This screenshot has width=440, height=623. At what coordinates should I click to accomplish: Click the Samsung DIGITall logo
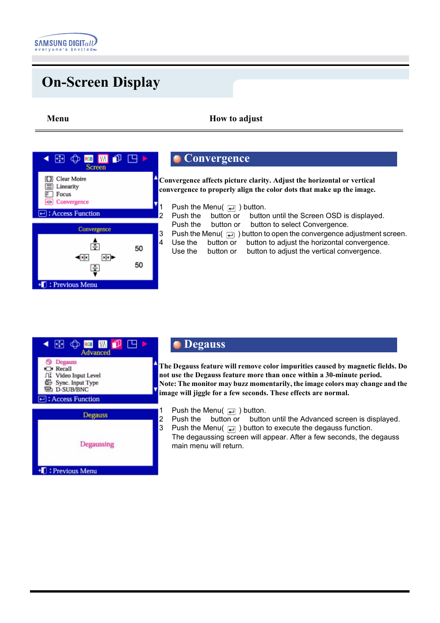pyautogui.click(x=65, y=42)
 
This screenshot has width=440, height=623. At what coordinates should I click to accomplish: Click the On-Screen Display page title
pyautogui.click(x=101, y=82)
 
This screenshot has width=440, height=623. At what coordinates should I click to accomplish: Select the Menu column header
pyautogui.click(x=58, y=119)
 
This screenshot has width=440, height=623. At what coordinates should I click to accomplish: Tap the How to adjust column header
pyautogui.click(x=236, y=119)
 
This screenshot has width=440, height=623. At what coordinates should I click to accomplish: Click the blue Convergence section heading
pyautogui.click(x=216, y=159)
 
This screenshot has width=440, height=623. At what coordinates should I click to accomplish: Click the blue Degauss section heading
pyautogui.click(x=204, y=344)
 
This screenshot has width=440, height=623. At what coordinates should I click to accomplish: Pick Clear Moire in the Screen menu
pyautogui.click(x=71, y=179)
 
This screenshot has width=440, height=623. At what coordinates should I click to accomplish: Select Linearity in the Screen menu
pyautogui.click(x=67, y=187)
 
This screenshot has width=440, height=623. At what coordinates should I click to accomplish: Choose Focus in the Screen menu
pyautogui.click(x=63, y=194)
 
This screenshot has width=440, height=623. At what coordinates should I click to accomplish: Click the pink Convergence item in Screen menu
pyautogui.click(x=72, y=202)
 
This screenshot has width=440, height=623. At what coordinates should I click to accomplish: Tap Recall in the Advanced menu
pyautogui.click(x=63, y=369)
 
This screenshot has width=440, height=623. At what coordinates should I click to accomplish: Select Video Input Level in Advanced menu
pyautogui.click(x=77, y=376)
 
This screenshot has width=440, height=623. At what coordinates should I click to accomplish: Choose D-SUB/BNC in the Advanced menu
pyautogui.click(x=71, y=390)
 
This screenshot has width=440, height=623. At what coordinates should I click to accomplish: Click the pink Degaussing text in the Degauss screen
pyautogui.click(x=97, y=444)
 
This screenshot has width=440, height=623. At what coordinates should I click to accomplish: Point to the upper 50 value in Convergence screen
pyautogui.click(x=139, y=249)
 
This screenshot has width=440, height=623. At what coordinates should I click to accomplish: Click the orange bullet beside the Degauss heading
pyautogui.click(x=177, y=345)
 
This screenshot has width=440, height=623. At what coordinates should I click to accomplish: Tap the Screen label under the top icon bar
pyautogui.click(x=95, y=167)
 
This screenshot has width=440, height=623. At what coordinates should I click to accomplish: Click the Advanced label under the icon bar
pyautogui.click(x=95, y=353)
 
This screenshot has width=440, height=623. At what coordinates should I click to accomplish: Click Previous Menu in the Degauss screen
pyautogui.click(x=74, y=471)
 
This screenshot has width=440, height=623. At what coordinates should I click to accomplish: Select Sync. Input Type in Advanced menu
pyautogui.click(x=77, y=383)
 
